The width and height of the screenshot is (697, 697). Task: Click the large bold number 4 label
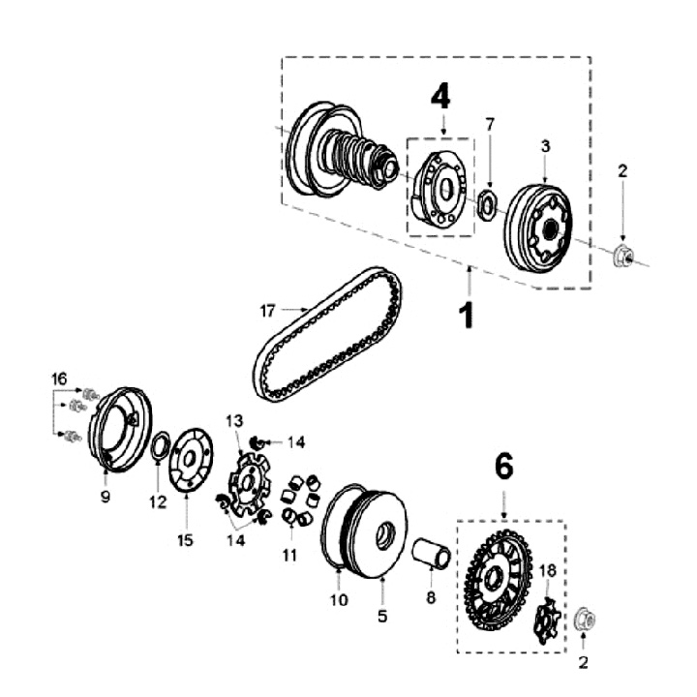(x=440, y=96)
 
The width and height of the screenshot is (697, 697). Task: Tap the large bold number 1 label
(x=467, y=315)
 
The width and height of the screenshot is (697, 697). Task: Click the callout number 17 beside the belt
(x=268, y=311)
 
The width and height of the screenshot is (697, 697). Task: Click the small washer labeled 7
(x=488, y=204)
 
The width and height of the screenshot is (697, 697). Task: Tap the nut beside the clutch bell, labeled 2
(x=623, y=257)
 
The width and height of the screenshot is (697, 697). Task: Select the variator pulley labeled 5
(x=368, y=531)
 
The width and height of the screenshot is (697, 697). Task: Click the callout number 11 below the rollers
(x=288, y=556)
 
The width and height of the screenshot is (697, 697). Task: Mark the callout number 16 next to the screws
(x=60, y=377)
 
